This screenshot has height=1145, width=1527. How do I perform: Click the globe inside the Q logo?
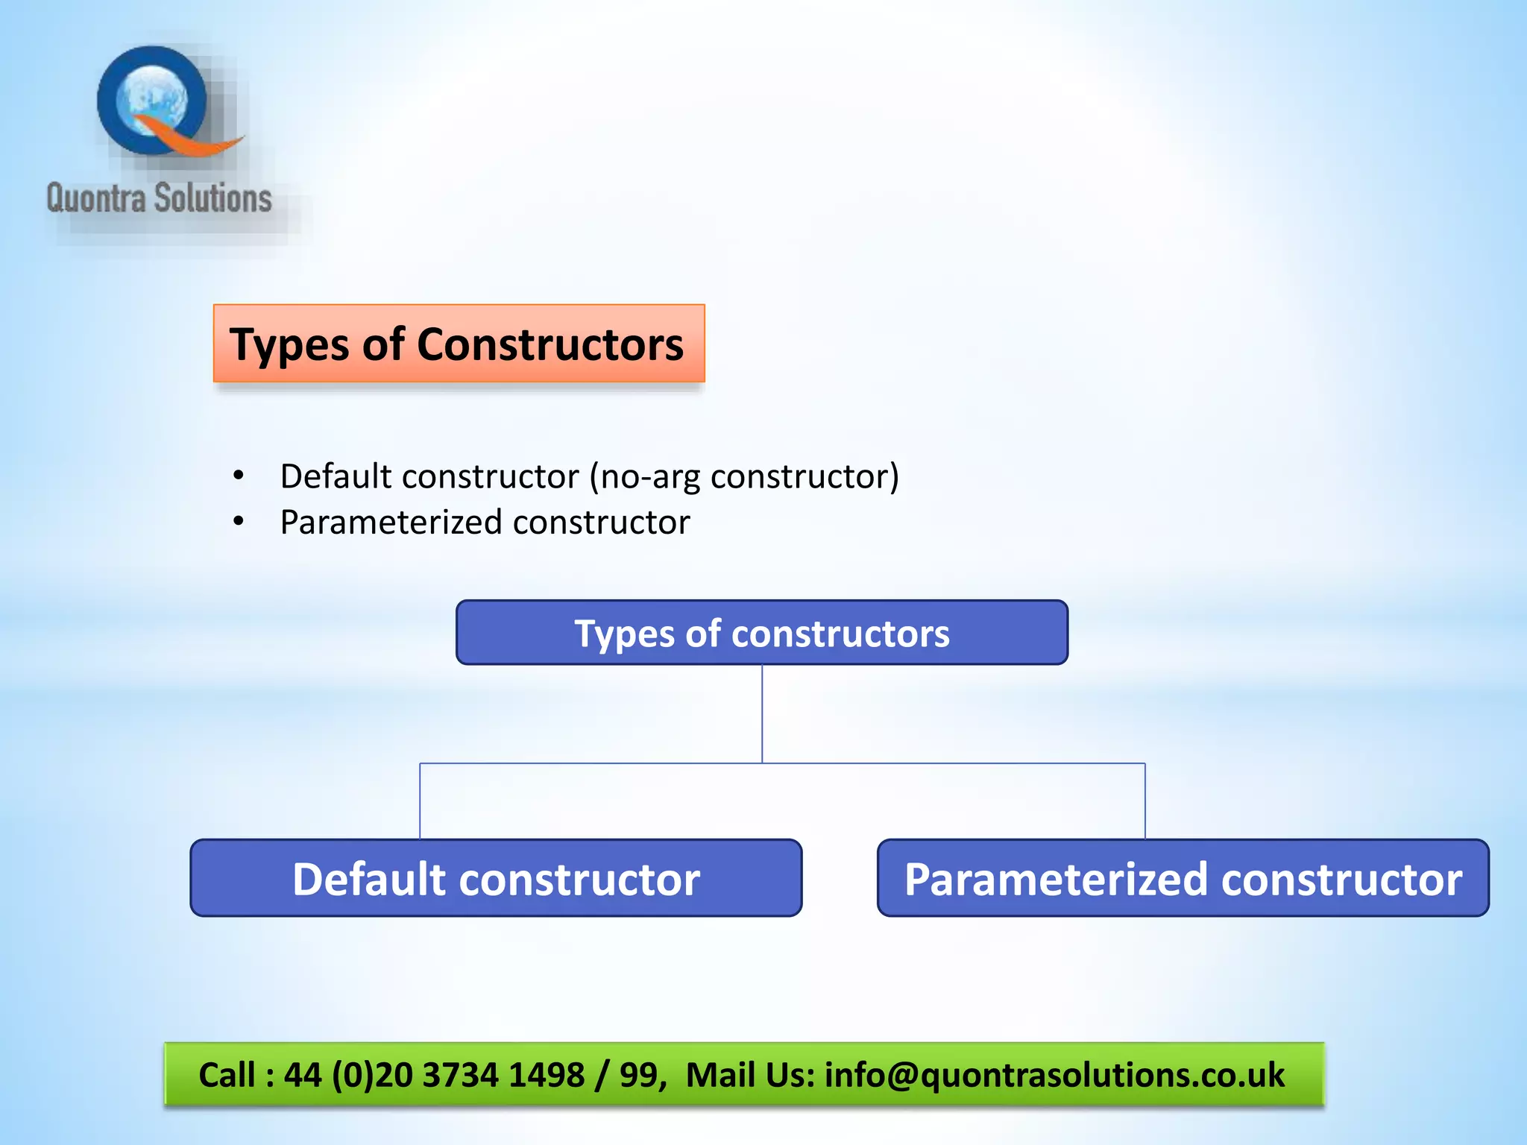[154, 100]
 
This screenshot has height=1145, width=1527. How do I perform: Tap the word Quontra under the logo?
[95, 199]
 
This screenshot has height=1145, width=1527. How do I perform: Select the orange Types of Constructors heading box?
[459, 343]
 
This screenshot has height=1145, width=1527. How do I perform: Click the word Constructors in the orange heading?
[550, 344]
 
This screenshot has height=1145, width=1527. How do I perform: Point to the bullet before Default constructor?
[238, 476]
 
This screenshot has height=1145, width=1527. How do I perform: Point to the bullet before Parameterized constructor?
[238, 521]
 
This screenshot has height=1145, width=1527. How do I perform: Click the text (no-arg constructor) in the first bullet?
[744, 477]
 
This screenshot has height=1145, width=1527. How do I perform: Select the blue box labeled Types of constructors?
[761, 632]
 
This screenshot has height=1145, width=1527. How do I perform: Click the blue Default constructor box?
[496, 878]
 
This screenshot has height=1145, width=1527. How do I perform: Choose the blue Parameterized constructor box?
[1183, 878]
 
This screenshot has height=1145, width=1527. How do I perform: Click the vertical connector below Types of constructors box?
[762, 713]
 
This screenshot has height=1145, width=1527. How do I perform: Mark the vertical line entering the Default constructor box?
[420, 801]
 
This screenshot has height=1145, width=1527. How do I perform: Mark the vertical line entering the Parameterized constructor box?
[1145, 801]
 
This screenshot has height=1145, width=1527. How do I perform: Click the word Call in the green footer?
[227, 1075]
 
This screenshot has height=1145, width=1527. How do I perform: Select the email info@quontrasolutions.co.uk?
[1054, 1075]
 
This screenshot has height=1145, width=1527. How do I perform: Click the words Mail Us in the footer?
[748, 1075]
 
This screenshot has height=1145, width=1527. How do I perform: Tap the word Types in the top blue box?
[623, 634]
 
